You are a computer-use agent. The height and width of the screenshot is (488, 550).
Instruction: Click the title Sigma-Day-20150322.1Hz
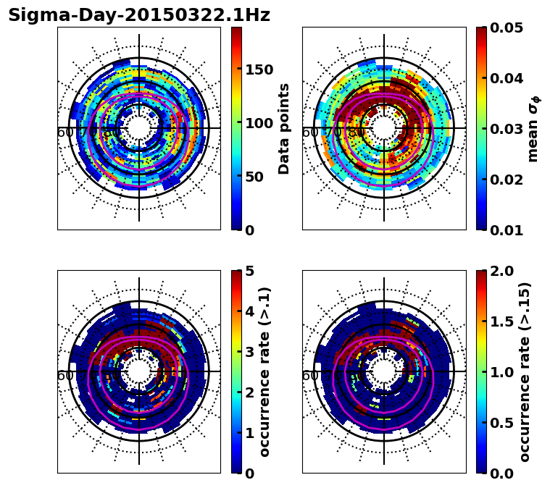click(138, 15)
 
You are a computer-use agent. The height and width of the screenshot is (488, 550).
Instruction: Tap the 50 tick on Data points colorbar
click(258, 177)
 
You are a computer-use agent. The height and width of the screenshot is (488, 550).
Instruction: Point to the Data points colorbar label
click(284, 128)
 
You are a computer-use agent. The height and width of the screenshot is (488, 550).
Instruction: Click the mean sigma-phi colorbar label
click(533, 128)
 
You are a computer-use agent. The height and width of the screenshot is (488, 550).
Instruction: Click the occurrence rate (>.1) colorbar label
click(265, 371)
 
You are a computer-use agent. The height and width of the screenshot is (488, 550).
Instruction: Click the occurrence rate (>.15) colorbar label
click(525, 371)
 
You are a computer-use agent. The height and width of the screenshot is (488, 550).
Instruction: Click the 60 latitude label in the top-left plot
click(64, 132)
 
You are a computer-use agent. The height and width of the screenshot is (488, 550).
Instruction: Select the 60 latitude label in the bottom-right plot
click(309, 376)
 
